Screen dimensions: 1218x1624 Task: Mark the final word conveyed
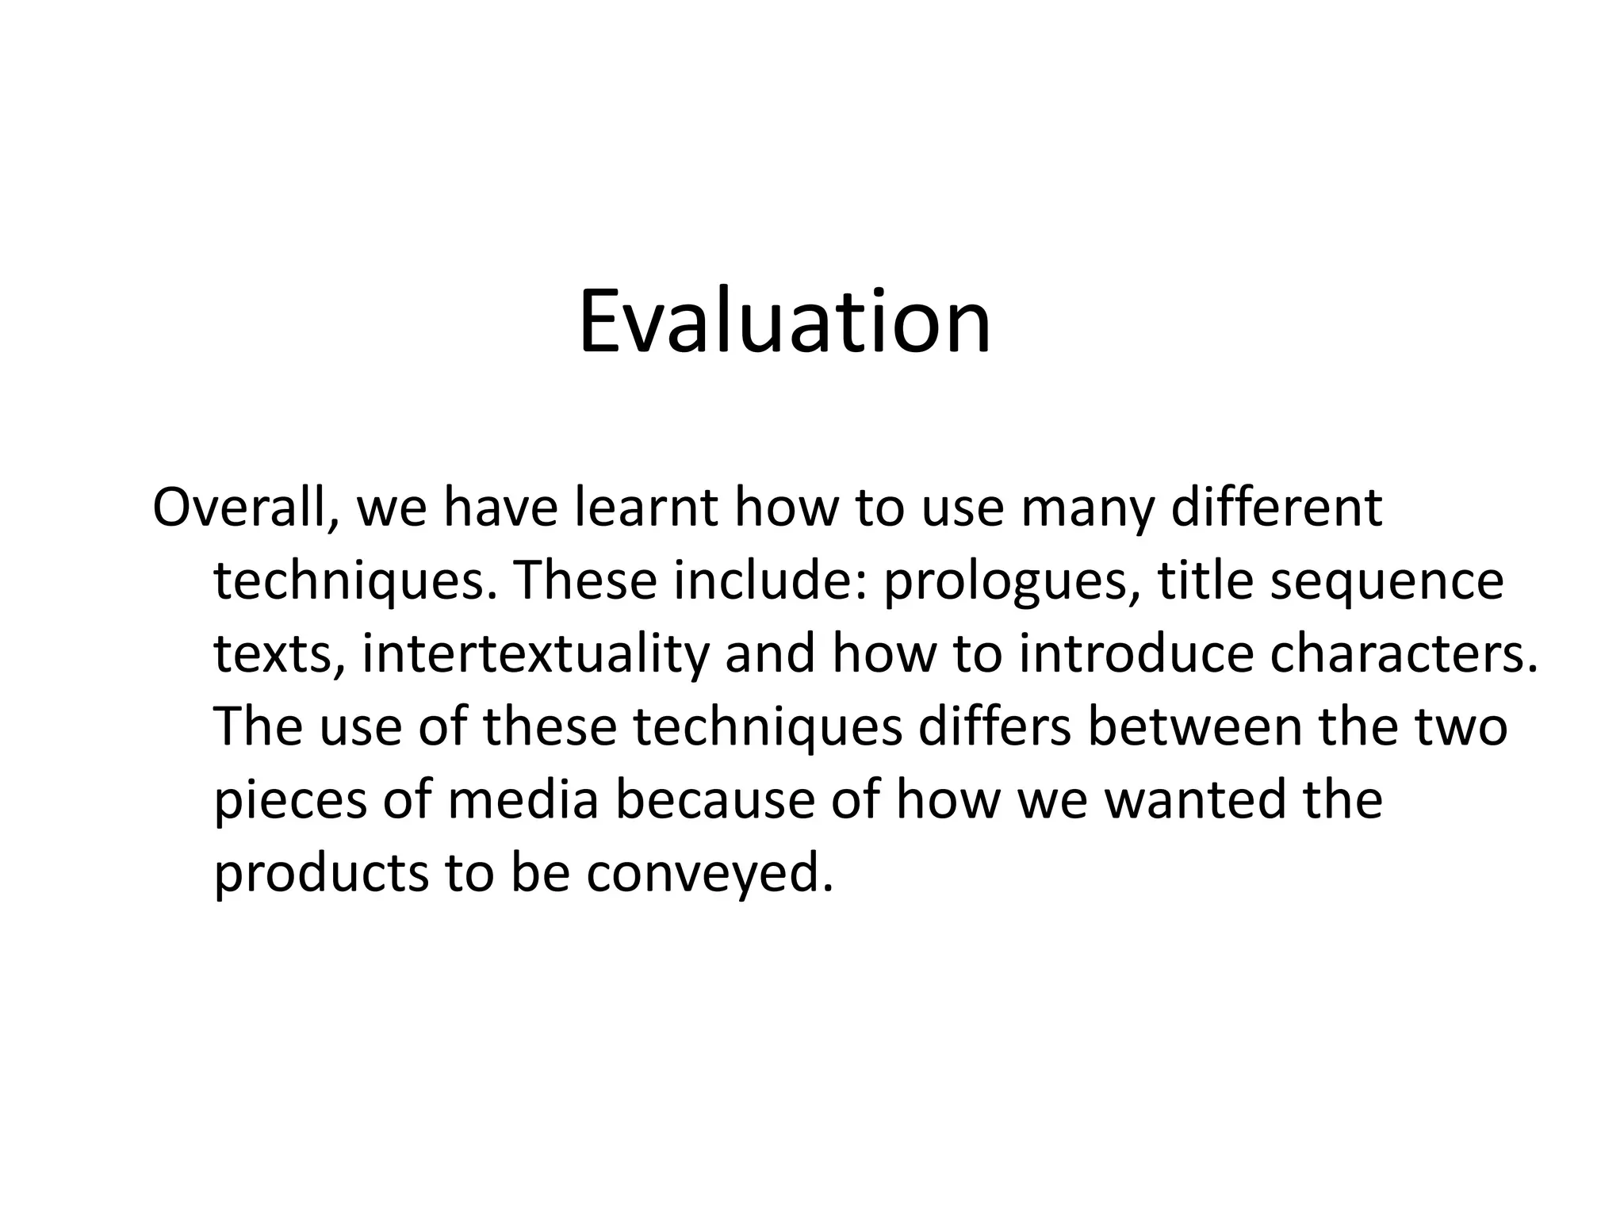tap(710, 874)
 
